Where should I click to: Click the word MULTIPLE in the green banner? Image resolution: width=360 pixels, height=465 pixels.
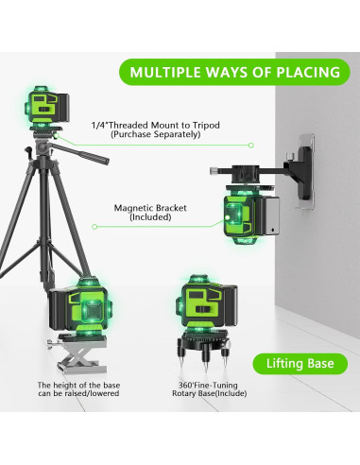(x=166, y=72)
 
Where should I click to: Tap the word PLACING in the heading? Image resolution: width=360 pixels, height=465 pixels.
(x=308, y=72)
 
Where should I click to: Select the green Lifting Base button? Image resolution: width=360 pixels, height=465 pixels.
(x=300, y=364)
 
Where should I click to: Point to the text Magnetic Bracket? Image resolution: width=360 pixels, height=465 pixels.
(x=150, y=208)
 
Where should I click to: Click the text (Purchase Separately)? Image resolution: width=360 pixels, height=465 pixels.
(x=156, y=134)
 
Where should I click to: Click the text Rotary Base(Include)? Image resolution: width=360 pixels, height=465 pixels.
(x=209, y=393)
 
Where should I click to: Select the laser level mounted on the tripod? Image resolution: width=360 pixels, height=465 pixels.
(x=46, y=107)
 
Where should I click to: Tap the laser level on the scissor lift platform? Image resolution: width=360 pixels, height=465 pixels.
(x=80, y=306)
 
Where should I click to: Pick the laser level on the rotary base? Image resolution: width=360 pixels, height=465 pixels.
(x=206, y=303)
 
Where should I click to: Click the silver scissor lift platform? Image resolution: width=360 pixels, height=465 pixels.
(x=80, y=353)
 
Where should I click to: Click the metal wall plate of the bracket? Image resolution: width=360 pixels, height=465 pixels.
(x=305, y=171)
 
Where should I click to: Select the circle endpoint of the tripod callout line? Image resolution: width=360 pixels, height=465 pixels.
(x=250, y=146)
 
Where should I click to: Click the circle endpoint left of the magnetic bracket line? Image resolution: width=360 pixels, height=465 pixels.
(x=94, y=227)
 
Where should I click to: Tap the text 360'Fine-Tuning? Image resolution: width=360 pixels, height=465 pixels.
(x=208, y=385)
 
